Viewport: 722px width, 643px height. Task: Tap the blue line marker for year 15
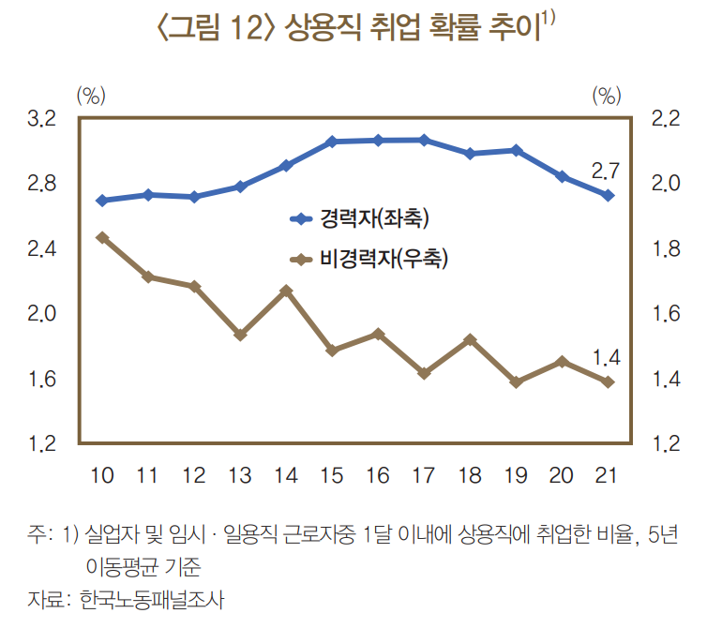point(332,142)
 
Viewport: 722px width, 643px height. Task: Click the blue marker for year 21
point(608,195)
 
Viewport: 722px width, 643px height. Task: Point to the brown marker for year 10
point(102,237)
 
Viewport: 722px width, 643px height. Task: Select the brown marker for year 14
point(286,291)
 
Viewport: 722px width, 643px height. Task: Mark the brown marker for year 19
point(516,382)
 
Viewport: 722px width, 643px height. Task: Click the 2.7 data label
point(606,171)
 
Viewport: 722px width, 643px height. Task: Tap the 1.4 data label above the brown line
point(607,357)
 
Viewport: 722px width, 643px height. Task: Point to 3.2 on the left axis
point(42,119)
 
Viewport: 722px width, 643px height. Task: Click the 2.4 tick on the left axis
point(42,249)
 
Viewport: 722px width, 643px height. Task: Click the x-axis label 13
point(240,475)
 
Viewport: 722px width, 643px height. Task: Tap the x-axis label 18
point(470,475)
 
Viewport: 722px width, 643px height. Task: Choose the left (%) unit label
point(91,95)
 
